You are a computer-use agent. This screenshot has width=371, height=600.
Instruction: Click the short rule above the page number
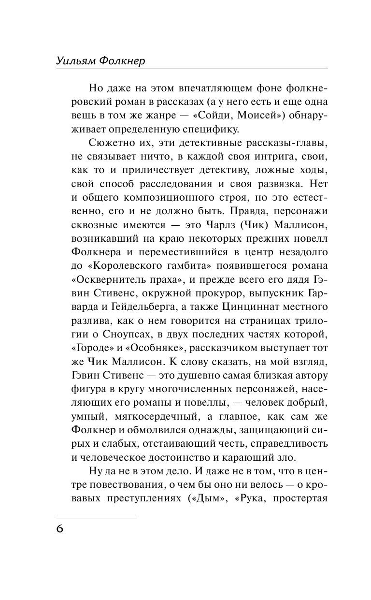point(97,518)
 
